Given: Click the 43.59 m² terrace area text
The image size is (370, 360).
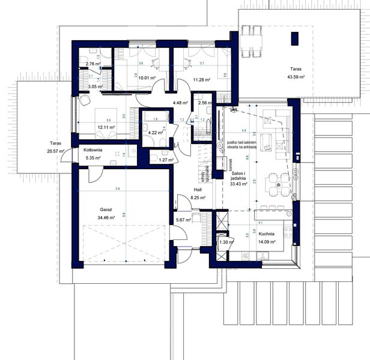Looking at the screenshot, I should pos(295,77).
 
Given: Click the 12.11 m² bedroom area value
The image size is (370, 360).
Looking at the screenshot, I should pos(90,128).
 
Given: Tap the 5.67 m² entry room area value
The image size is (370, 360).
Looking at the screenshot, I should pos(183,220).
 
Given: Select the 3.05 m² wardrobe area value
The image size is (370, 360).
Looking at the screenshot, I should pos(95,87).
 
